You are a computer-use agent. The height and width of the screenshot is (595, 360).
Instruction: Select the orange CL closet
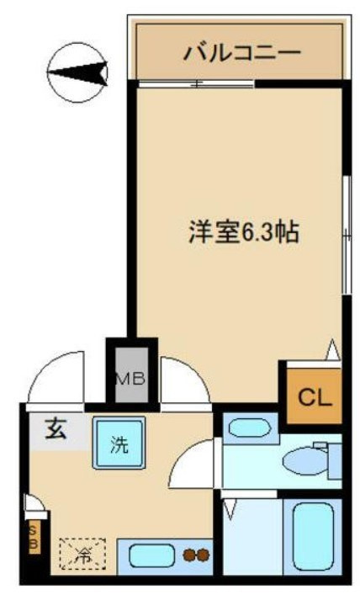point(311,396)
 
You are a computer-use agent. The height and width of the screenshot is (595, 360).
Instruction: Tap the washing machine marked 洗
point(119,444)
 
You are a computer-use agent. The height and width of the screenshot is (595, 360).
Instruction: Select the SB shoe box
point(33,535)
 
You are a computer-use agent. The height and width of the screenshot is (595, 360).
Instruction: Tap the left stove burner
point(189,555)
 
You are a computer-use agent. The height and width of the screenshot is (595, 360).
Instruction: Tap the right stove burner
point(204,555)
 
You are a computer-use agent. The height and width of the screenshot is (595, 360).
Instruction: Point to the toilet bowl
point(306,460)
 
